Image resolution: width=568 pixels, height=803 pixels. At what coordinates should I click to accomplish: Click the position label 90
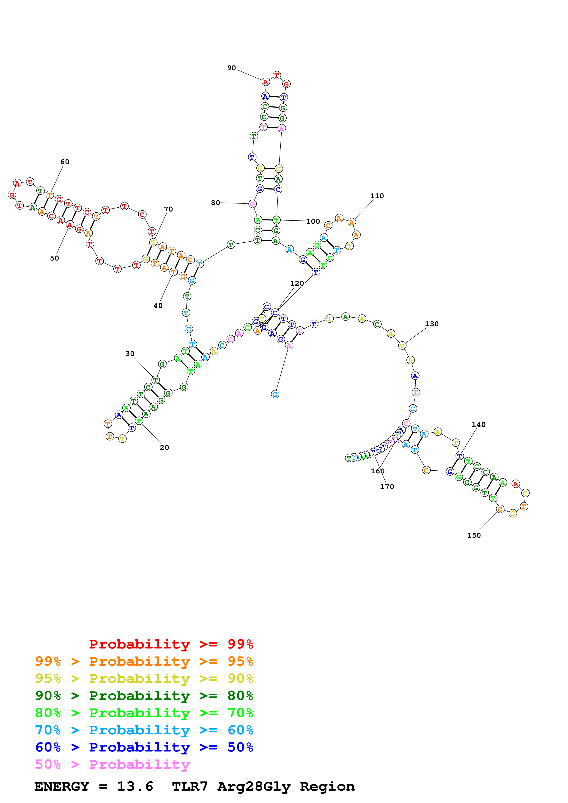231,68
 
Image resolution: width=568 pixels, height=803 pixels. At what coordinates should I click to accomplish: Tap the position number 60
65,162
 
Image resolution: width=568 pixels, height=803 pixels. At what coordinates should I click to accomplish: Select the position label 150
474,535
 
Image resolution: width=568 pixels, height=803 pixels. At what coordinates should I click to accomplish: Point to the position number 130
431,324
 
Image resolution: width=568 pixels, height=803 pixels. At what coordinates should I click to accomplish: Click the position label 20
164,447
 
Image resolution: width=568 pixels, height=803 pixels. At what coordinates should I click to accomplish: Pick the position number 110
377,196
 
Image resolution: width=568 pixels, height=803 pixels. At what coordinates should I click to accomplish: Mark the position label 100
313,221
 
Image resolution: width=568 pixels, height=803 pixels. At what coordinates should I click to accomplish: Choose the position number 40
158,306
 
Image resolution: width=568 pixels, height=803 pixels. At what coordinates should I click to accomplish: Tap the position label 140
478,425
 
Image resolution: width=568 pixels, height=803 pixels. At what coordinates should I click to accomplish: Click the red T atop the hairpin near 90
277,75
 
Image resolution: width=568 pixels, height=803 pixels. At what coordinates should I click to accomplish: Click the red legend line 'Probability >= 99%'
171,644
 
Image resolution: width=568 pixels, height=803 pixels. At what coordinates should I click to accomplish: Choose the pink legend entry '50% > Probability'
112,764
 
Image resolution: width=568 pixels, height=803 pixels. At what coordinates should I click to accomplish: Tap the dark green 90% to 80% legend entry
144,696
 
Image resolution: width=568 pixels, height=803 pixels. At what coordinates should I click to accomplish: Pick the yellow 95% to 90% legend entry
144,678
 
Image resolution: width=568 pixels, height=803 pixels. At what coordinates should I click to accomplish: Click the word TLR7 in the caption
190,787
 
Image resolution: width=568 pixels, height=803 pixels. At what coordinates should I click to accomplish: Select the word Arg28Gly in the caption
254,787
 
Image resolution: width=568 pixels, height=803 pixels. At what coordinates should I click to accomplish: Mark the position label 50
54,258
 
